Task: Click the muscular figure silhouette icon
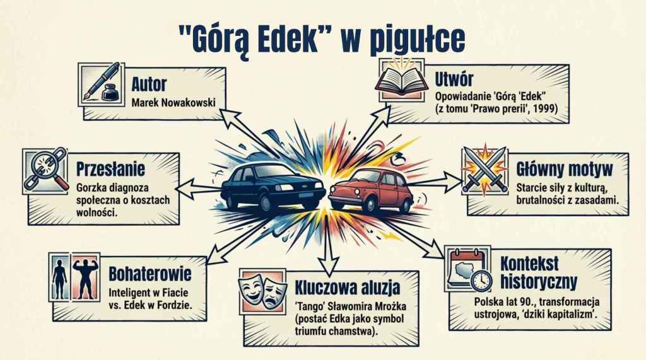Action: point(86,277)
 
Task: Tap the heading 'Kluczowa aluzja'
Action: point(347,288)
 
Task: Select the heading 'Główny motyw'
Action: point(565,170)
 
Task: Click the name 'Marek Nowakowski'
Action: point(173,103)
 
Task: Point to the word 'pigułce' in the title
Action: point(417,40)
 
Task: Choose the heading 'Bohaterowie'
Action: point(150,274)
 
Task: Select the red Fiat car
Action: point(371,189)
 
